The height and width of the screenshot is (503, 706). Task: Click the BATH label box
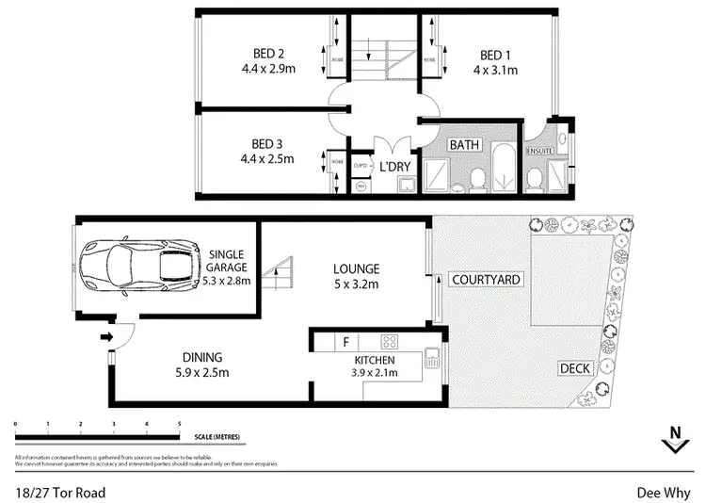tap(463, 145)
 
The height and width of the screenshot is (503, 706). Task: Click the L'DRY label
tap(394, 167)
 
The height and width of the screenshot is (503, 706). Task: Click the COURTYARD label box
tap(486, 280)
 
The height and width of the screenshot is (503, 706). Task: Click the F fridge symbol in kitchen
tap(346, 341)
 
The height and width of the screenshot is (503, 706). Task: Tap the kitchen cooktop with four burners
tap(391, 341)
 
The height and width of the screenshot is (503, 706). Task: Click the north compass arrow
tap(673, 437)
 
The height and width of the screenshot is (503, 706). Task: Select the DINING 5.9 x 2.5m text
tap(203, 365)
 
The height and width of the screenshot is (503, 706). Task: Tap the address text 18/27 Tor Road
tap(60, 492)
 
